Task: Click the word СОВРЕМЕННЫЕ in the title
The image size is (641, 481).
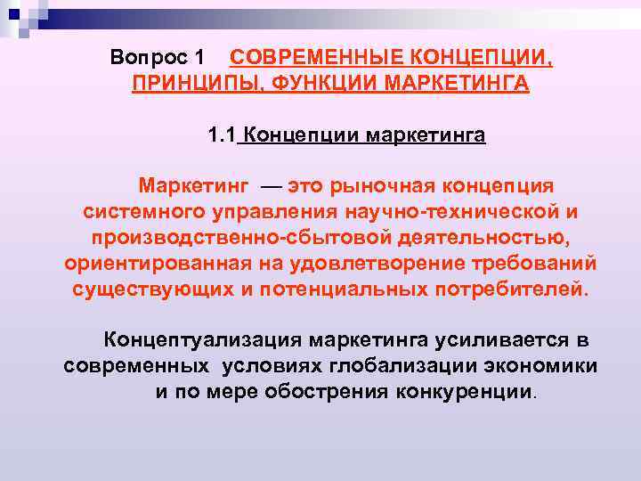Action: coord(307,58)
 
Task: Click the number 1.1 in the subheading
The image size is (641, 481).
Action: coord(221,135)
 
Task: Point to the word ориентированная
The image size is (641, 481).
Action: coord(155,265)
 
